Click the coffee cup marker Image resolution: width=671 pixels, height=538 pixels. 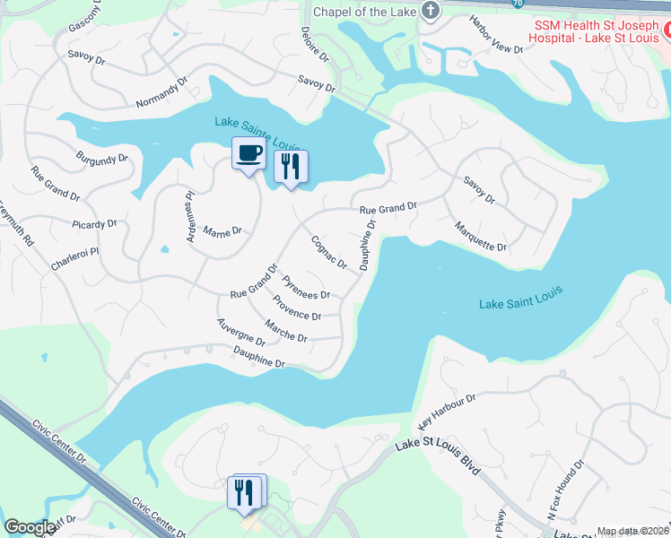coord(248,153)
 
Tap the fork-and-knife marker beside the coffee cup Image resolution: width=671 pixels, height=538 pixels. coord(290,167)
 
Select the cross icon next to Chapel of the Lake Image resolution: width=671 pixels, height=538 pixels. coord(431,11)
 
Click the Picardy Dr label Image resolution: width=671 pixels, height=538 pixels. coord(96,223)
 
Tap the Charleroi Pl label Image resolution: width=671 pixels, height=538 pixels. coord(74,252)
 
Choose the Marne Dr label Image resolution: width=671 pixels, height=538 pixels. coord(223,230)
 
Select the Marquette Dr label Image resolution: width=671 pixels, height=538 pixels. coord(481,236)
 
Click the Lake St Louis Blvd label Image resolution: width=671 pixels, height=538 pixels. coord(439,456)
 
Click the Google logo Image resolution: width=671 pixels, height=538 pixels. coord(29,527)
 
